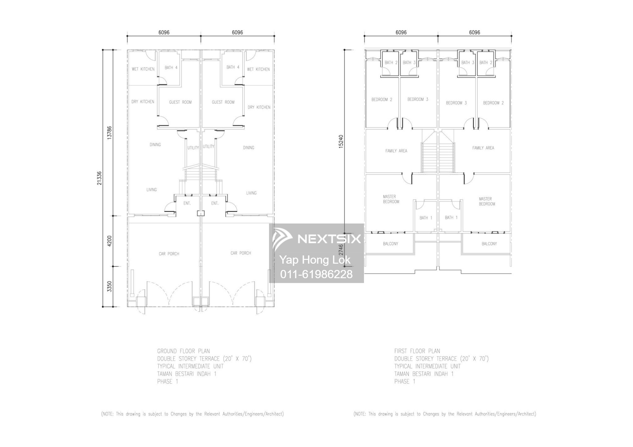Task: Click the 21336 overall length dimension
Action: pyautogui.click(x=99, y=178)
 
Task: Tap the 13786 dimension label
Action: pyautogui.click(x=110, y=132)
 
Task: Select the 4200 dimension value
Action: pyautogui.click(x=110, y=241)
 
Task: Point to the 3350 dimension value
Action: pyautogui.click(x=110, y=286)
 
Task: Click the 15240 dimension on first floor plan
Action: pyautogui.click(x=341, y=142)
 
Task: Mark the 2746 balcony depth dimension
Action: pyautogui.click(x=341, y=250)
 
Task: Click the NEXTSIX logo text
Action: pyautogui.click(x=329, y=239)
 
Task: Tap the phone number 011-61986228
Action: pyautogui.click(x=316, y=274)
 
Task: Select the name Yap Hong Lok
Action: pyautogui.click(x=315, y=260)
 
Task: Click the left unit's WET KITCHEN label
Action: pyautogui.click(x=143, y=69)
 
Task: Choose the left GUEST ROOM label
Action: pyautogui.click(x=180, y=102)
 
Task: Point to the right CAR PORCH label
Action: pyautogui.click(x=241, y=253)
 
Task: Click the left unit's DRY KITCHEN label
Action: pyautogui.click(x=143, y=101)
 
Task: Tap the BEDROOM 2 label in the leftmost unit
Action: pyautogui.click(x=382, y=100)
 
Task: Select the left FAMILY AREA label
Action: pyautogui.click(x=396, y=151)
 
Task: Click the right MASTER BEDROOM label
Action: pyautogui.click(x=486, y=201)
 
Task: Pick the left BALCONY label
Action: pyautogui.click(x=391, y=244)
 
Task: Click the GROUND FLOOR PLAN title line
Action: pyautogui.click(x=183, y=351)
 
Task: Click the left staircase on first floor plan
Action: pyautogui.click(x=429, y=155)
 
